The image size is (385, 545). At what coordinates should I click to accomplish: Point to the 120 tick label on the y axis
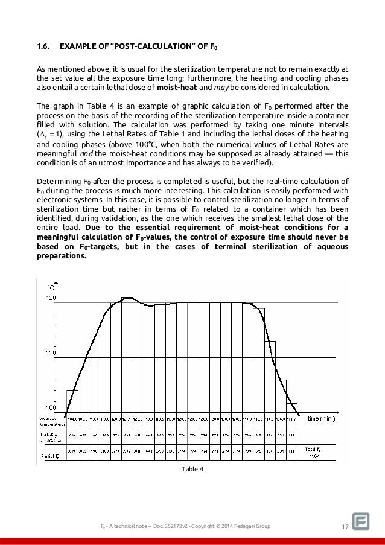coord(51,298)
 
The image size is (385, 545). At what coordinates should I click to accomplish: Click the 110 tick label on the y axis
coord(51,353)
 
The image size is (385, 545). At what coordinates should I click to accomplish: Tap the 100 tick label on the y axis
coord(51,408)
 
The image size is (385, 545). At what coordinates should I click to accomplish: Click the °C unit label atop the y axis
coord(52,288)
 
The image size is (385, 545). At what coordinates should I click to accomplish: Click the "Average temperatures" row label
coord(50,421)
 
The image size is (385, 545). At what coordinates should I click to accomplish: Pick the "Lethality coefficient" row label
coord(50,436)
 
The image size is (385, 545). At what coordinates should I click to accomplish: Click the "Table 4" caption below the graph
coord(192,468)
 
